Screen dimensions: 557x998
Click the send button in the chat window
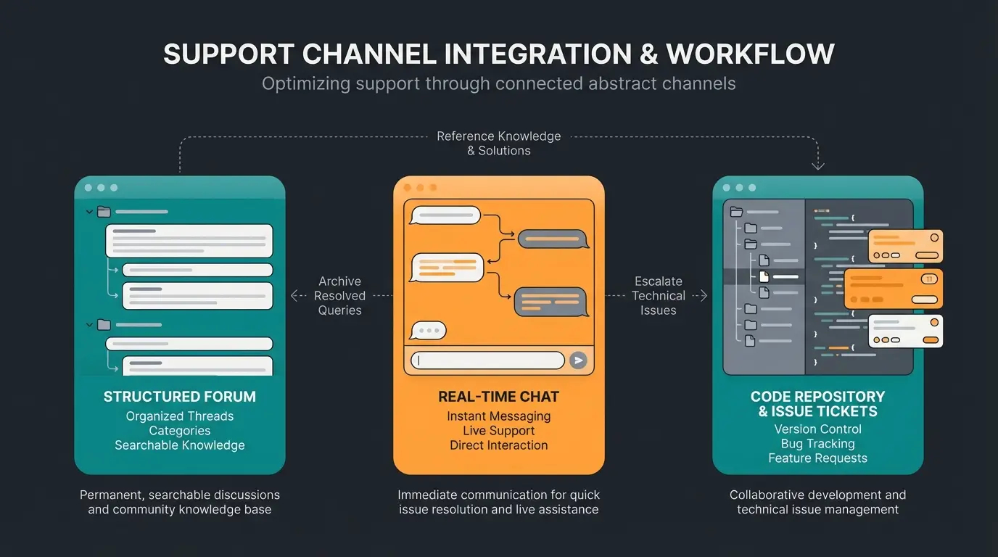(x=577, y=360)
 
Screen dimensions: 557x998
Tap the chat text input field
(x=487, y=360)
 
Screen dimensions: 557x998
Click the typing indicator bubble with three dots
(x=428, y=331)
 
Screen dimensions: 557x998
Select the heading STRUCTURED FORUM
(x=180, y=397)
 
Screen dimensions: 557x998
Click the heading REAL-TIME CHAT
(x=499, y=397)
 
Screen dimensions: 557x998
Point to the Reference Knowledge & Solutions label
(x=499, y=144)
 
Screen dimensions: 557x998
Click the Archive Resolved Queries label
(x=339, y=296)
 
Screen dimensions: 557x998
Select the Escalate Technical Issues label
(x=658, y=296)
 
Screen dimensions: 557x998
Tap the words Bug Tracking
(x=817, y=444)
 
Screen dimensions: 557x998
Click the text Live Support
(x=499, y=431)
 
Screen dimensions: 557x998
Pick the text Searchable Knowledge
(x=180, y=445)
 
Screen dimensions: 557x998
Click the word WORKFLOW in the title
(x=750, y=54)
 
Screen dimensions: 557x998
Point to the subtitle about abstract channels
(x=499, y=84)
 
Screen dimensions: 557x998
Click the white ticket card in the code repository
(x=905, y=331)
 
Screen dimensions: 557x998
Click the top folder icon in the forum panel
(x=104, y=212)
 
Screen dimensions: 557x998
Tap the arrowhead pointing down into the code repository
(x=818, y=165)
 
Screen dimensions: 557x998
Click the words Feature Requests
(x=817, y=458)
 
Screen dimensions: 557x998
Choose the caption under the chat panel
(x=499, y=502)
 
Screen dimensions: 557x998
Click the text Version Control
(x=817, y=429)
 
